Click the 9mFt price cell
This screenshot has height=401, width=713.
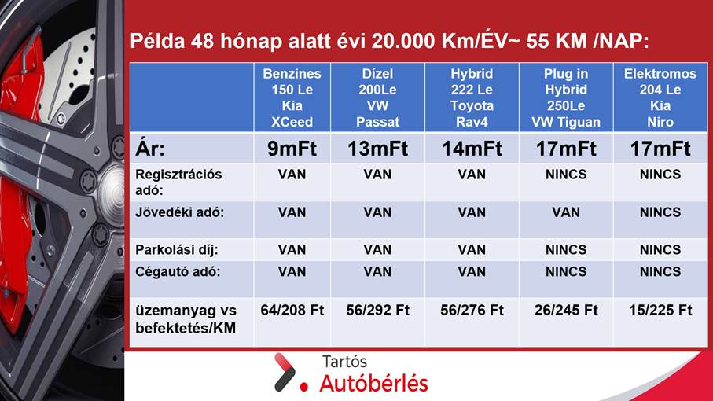point(292,149)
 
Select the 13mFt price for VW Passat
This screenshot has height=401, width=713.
point(377,149)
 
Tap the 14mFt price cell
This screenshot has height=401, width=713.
point(472,149)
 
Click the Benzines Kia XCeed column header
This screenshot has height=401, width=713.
point(292,97)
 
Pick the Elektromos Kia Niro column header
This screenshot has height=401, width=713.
point(660,97)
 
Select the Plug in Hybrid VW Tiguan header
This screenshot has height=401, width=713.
point(566,97)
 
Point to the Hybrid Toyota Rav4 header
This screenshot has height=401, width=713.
point(472,97)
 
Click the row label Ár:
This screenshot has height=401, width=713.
point(150,149)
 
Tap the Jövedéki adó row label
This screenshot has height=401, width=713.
point(179,212)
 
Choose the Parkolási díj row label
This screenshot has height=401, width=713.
point(177,249)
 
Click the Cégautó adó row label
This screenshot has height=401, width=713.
point(178,272)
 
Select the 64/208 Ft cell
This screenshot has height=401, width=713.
point(292,311)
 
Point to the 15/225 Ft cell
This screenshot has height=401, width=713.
point(660,311)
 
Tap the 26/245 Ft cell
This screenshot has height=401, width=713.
point(566,311)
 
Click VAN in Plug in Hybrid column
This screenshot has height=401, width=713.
point(566,212)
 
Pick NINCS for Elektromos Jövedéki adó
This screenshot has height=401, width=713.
point(660,212)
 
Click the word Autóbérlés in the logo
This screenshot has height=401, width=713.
point(373,383)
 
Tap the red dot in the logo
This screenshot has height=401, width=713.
point(304,387)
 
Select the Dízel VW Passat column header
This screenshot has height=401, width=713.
point(377,97)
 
